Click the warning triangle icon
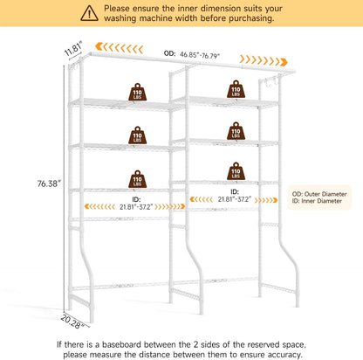89,13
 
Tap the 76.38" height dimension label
49,183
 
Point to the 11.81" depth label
73,49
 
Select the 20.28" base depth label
72,322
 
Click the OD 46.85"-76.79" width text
192,54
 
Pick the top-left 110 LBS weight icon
137,92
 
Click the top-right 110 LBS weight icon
236,89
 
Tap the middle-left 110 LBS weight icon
137,135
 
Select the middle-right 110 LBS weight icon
236,131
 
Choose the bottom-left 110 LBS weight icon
137,179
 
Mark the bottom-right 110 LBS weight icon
236,171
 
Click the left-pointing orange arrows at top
119,48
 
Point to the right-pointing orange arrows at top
264,60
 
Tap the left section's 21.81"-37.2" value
136,207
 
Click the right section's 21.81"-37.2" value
235,199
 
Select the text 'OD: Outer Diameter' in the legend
319,194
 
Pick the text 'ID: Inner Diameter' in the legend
317,201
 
